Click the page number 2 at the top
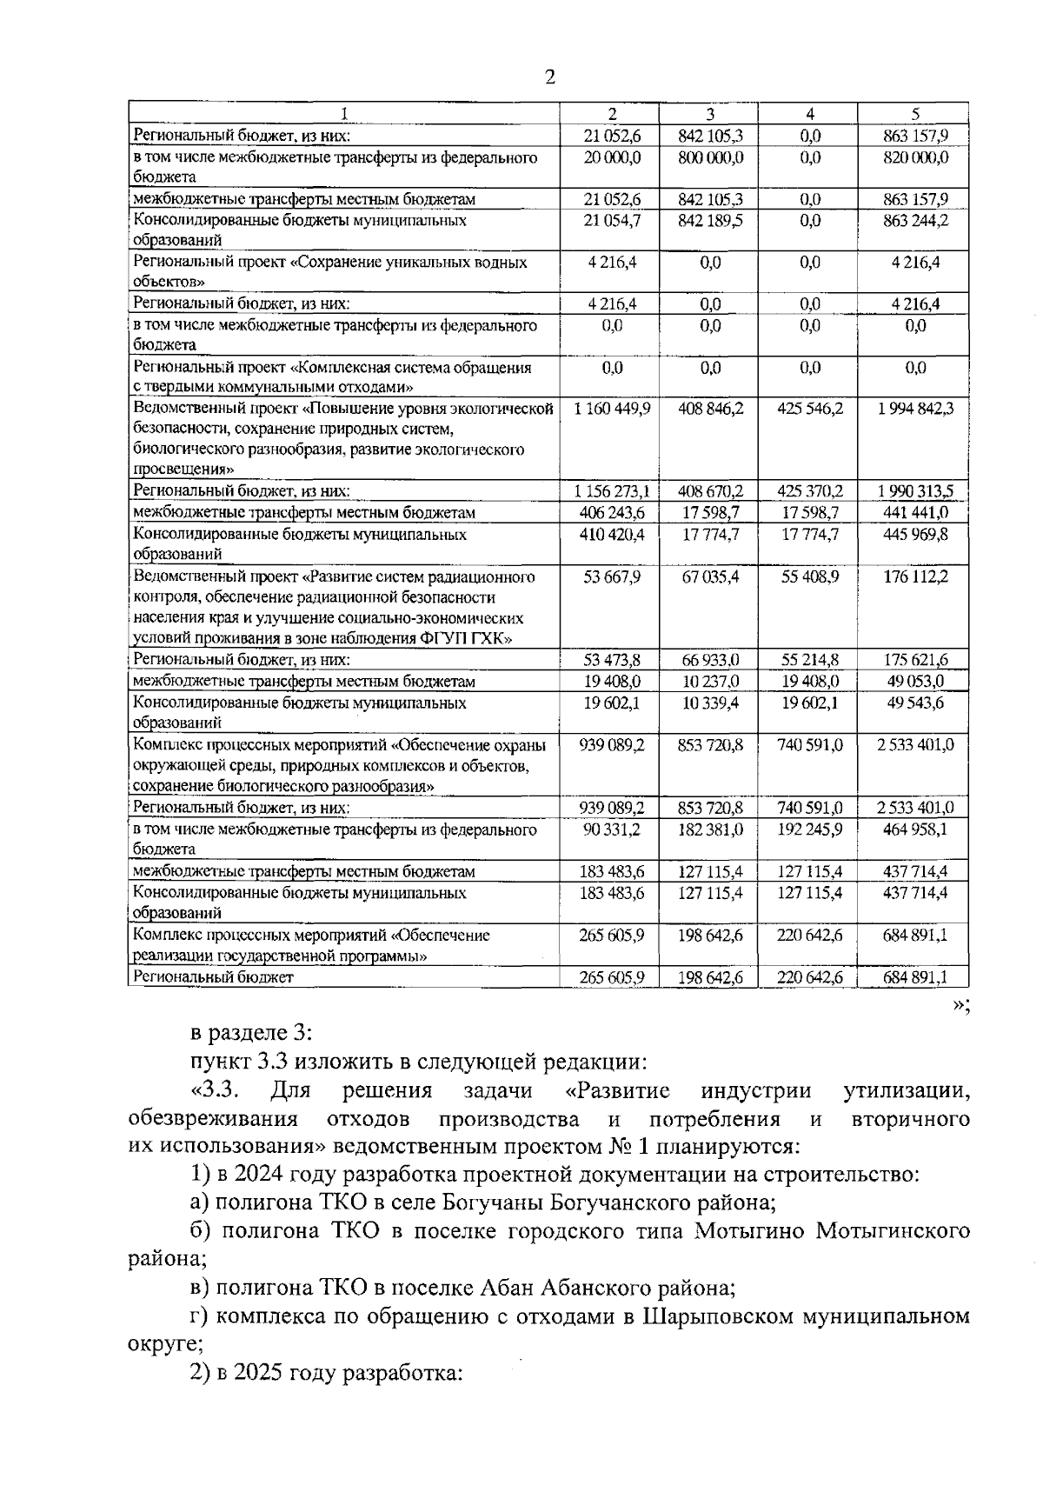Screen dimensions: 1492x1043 (549, 77)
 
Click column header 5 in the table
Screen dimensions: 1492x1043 (914, 114)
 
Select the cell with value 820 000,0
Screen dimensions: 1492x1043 (914, 157)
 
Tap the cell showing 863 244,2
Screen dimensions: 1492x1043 (914, 221)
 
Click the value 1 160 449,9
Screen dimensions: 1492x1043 (612, 409)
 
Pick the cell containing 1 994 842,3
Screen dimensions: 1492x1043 (914, 409)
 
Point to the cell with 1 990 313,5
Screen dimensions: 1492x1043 (914, 491)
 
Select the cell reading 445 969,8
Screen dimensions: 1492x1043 (914, 534)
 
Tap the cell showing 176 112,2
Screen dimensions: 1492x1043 (914, 576)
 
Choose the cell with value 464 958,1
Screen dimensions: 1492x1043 (914, 829)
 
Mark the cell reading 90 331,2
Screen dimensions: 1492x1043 (612, 829)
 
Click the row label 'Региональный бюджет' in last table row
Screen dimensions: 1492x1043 (213, 977)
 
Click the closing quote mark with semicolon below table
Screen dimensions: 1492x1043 (960, 1005)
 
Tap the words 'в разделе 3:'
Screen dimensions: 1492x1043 (251, 1033)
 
